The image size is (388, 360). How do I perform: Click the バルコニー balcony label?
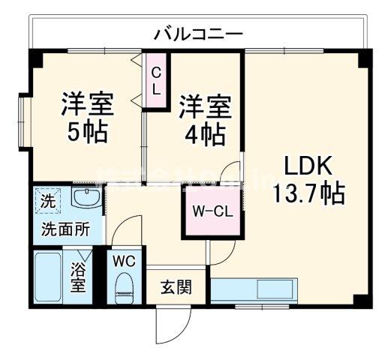tap(198, 34)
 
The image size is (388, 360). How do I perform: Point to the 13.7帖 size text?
tap(308, 193)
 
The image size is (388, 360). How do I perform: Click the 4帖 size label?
tap(203, 135)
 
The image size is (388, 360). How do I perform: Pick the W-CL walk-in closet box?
tap(212, 211)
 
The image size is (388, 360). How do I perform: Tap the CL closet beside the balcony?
tap(156, 79)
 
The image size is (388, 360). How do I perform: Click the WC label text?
tap(125, 261)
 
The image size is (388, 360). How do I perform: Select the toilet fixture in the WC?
tap(125, 286)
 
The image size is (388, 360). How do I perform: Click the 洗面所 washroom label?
tap(65, 229)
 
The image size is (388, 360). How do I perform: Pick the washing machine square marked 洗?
tap(47, 202)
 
